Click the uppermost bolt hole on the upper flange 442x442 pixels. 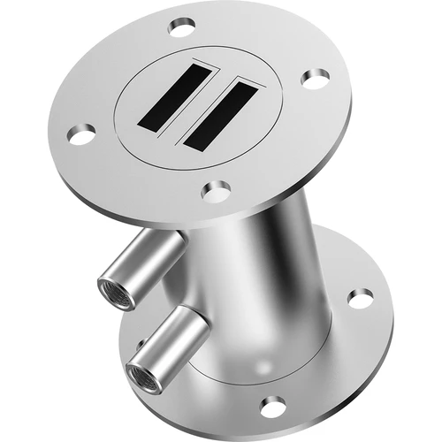coord(182,27)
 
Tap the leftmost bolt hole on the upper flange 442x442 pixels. coord(81,134)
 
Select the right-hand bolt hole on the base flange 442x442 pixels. coord(360,298)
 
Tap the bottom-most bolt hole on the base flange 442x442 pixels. coord(273,406)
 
